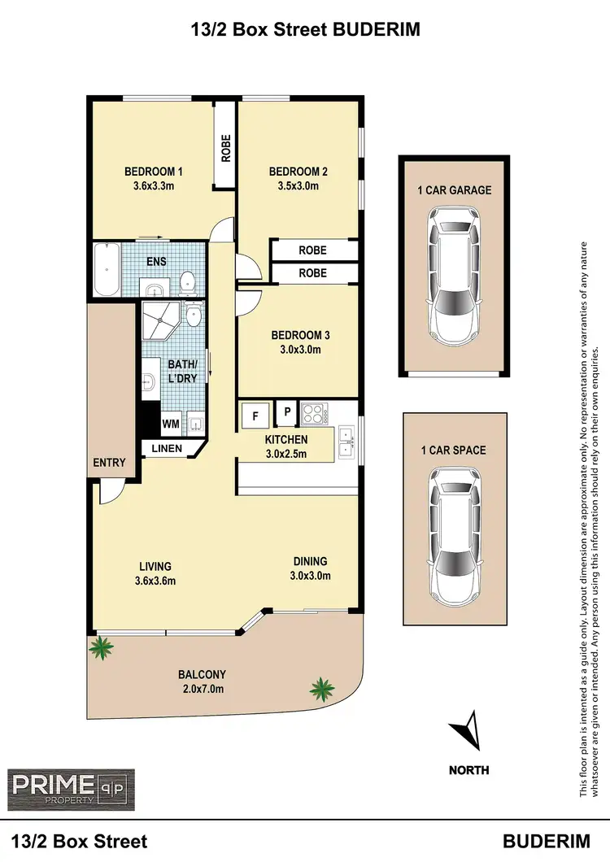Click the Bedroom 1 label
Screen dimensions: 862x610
pos(153,172)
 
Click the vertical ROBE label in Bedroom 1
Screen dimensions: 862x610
pos(226,149)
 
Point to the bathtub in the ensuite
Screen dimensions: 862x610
pos(106,269)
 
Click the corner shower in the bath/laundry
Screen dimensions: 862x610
pos(160,322)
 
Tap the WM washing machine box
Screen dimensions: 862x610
pos(170,424)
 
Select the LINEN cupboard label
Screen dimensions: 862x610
pos(167,448)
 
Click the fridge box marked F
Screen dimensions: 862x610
pos(255,416)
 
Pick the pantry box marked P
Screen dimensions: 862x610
pos(287,413)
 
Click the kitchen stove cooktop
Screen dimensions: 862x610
pos(313,414)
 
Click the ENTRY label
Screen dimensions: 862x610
pos(109,463)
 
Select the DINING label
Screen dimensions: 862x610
pos(310,561)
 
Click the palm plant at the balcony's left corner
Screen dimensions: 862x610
pos(102,648)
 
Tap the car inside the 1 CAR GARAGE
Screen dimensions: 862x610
pos(453,274)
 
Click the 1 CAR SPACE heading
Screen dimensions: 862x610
pos(453,450)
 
